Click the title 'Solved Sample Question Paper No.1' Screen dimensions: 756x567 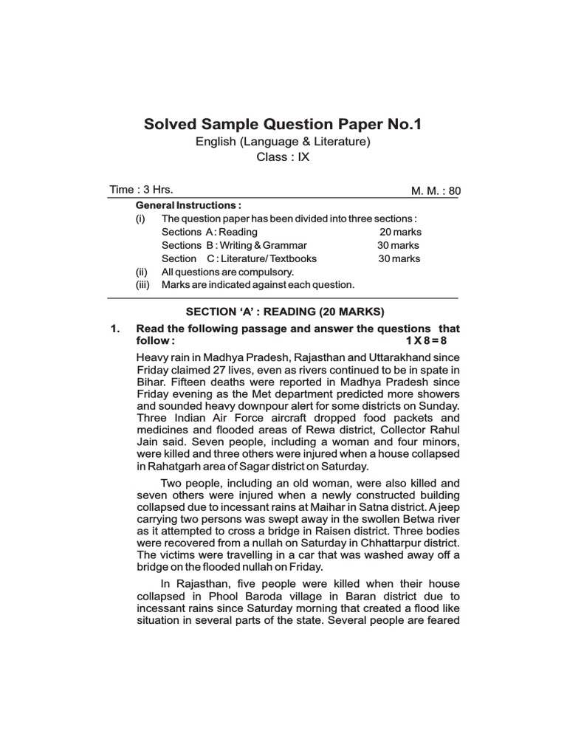(x=283, y=124)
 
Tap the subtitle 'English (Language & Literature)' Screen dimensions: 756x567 (x=283, y=142)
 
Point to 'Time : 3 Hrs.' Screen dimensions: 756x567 (x=141, y=189)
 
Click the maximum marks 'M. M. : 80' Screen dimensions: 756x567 (x=436, y=190)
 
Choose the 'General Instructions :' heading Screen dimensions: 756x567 (x=188, y=205)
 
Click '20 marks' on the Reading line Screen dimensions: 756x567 (x=401, y=232)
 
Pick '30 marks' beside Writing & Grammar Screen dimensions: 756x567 (x=399, y=245)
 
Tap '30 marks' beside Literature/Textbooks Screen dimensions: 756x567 (x=399, y=258)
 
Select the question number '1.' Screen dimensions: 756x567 (x=115, y=328)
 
